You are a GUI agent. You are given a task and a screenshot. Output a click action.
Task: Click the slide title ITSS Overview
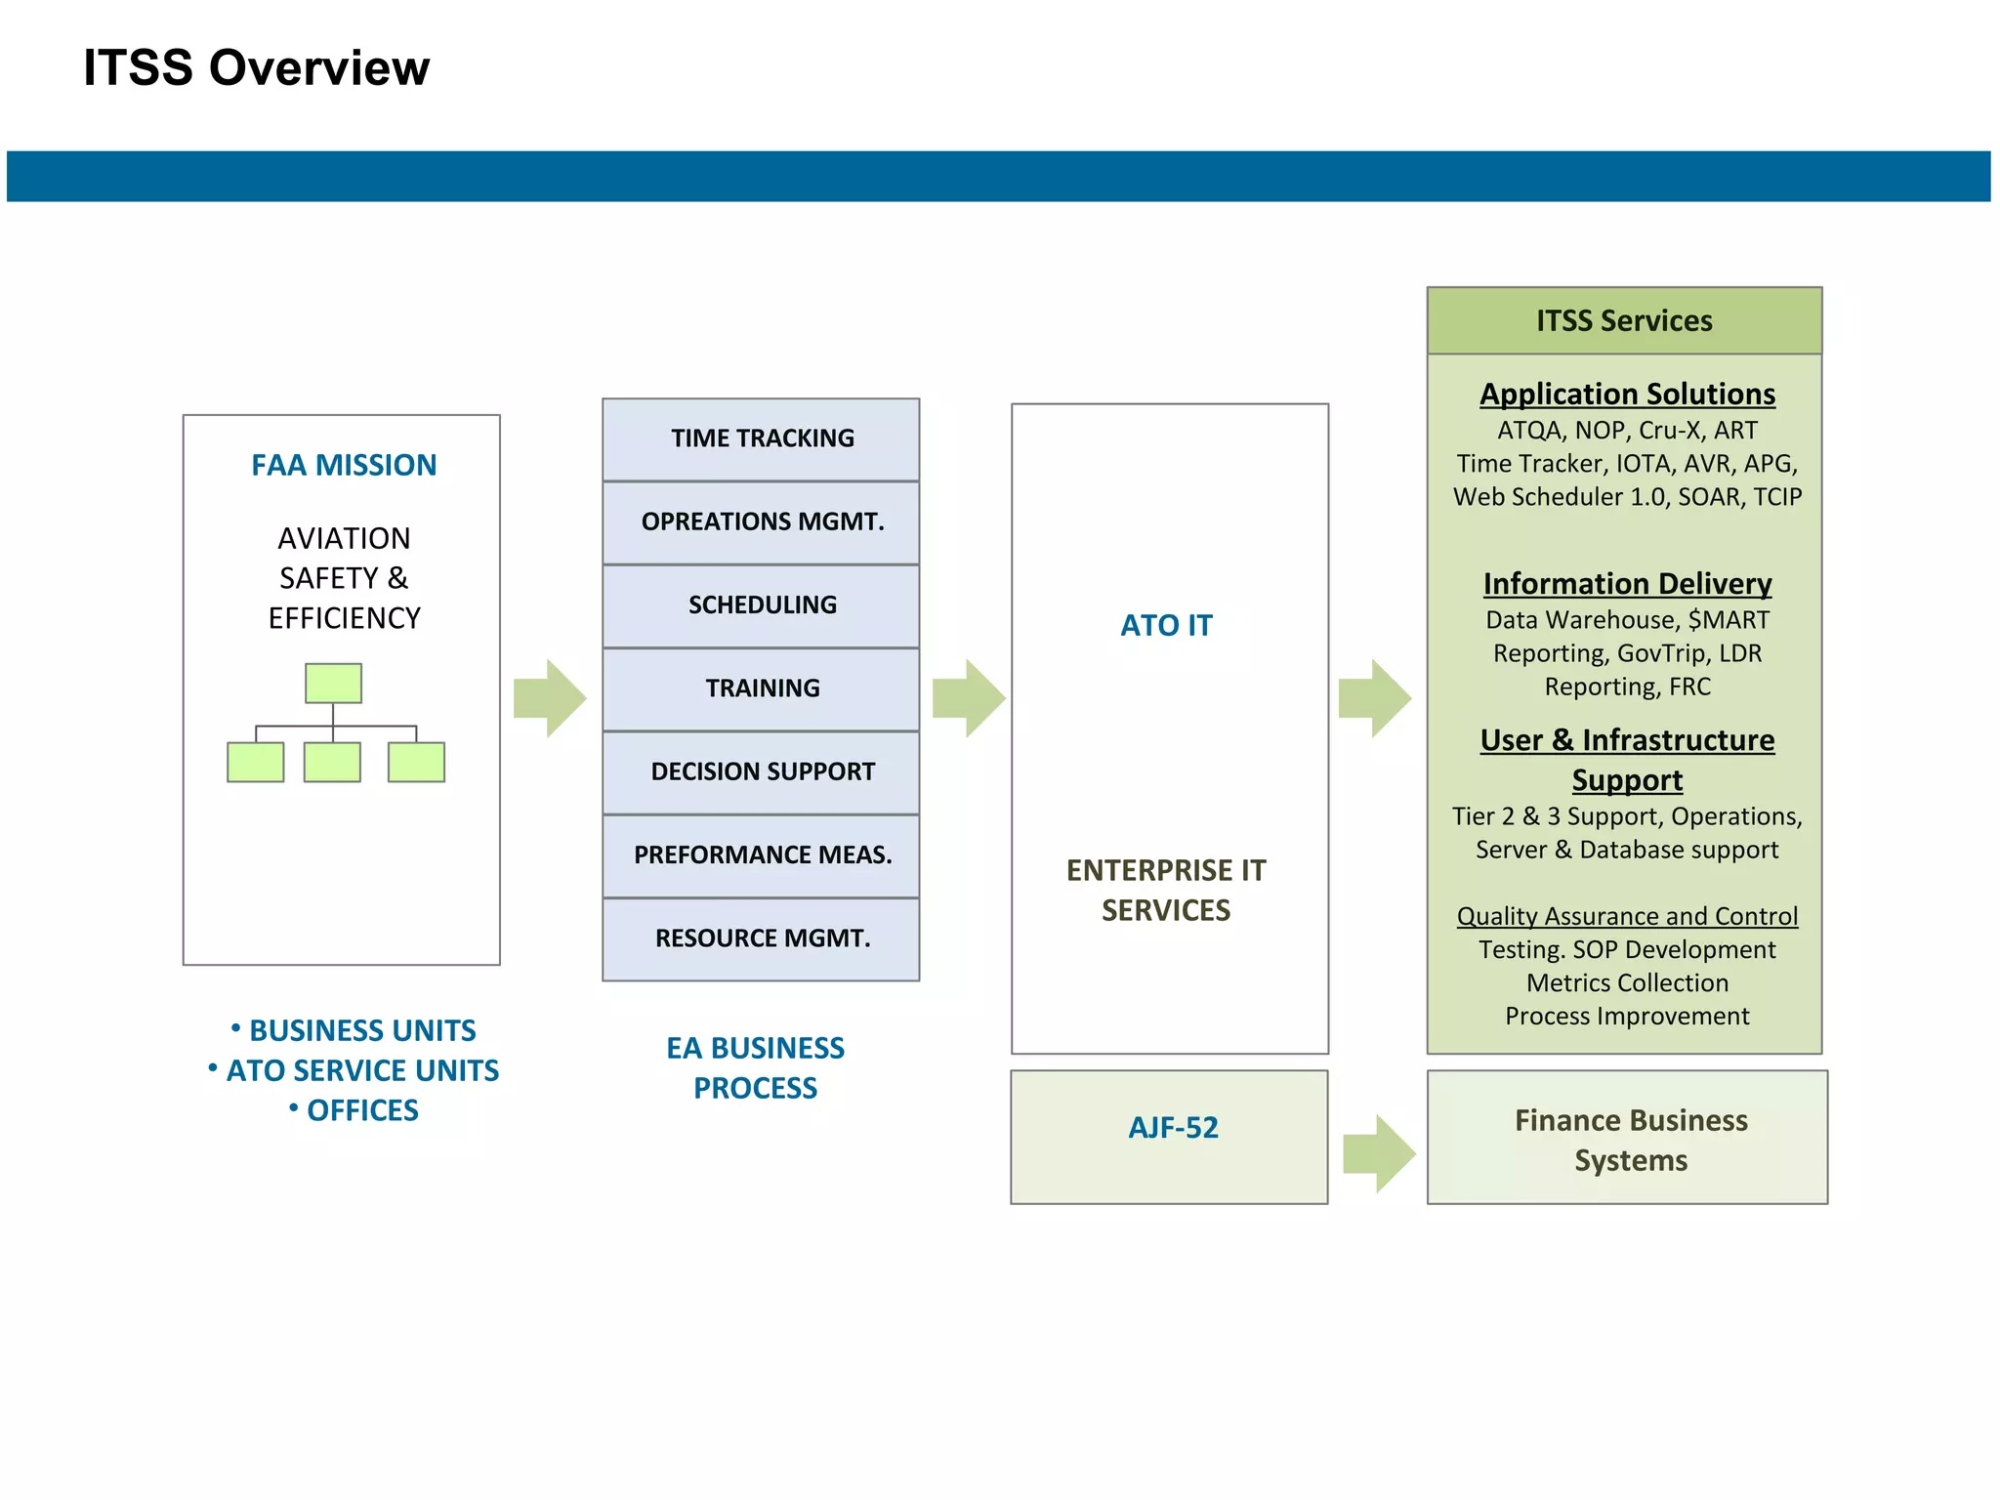click(x=256, y=68)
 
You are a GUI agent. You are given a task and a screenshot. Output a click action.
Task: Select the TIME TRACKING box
click(x=761, y=438)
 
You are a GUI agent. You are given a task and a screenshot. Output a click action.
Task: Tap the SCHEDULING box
click(x=761, y=605)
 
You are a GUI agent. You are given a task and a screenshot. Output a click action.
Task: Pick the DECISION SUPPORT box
click(x=761, y=771)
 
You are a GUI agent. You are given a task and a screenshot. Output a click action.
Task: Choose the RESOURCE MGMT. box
click(x=761, y=938)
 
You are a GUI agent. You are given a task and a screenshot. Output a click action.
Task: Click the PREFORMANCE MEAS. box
click(x=761, y=855)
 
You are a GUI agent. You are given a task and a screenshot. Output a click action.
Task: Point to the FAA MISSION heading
click(x=344, y=465)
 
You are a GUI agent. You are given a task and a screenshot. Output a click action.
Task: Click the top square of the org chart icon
click(x=333, y=683)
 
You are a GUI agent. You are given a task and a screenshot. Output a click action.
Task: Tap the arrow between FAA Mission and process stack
click(x=550, y=698)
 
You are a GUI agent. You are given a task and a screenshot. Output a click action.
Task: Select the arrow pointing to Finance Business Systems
click(x=1379, y=1153)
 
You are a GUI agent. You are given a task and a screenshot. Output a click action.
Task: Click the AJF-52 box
click(x=1170, y=1136)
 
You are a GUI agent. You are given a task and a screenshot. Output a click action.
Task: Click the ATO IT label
click(x=1166, y=625)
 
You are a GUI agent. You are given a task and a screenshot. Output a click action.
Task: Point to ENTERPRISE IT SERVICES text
click(x=1166, y=890)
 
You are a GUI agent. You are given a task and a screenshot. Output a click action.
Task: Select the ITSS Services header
click(x=1624, y=320)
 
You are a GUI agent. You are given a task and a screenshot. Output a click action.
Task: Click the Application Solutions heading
click(x=1627, y=394)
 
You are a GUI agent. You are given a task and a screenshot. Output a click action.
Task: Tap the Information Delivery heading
click(x=1627, y=583)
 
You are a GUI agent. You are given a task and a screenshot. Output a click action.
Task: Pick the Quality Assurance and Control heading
click(x=1627, y=916)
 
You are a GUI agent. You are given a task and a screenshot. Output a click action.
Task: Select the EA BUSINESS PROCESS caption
click(x=755, y=1067)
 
